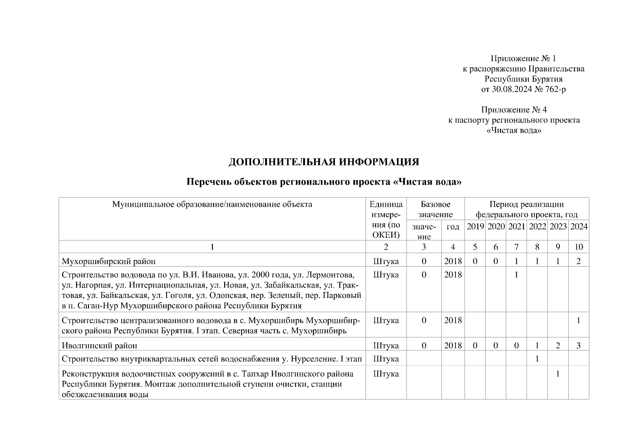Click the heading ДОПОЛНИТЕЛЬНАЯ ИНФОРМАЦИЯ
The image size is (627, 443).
tap(324, 162)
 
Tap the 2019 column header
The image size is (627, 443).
tap(475, 227)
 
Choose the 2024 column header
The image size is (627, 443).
tap(579, 227)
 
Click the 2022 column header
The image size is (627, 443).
tap(537, 227)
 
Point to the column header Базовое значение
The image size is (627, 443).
tap(435, 209)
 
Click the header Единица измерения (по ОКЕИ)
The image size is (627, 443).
tap(386, 220)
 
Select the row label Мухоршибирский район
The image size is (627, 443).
tap(109, 261)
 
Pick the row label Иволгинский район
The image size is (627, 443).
tap(99, 346)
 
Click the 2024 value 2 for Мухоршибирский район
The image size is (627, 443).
tap(579, 261)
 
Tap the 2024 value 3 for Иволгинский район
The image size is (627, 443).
tap(579, 346)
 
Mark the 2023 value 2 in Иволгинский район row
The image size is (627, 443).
tap(558, 346)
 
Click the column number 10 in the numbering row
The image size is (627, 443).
tap(579, 247)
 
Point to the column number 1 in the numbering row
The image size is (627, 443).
tap(212, 247)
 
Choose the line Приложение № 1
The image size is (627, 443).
tap(523, 58)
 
